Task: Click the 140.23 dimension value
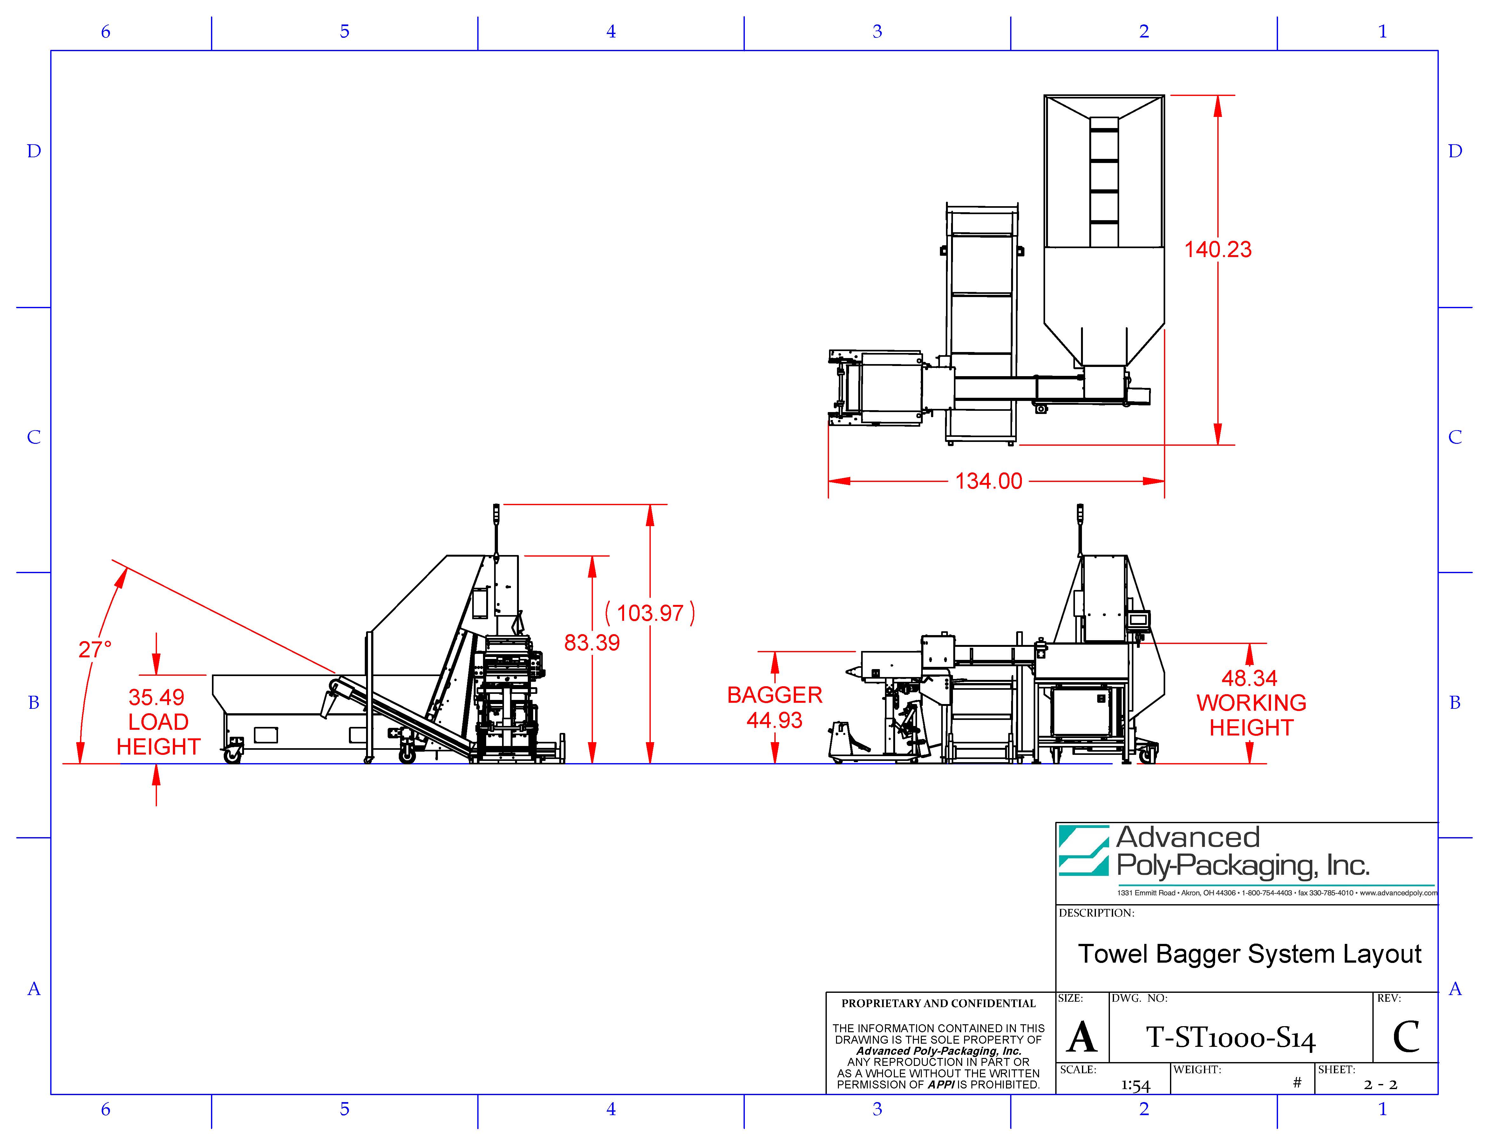coord(1218,249)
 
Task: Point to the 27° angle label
coord(95,649)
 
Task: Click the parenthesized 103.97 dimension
coord(650,613)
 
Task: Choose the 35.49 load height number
coord(156,697)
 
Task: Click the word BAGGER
coord(775,695)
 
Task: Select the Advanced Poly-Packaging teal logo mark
coord(1084,850)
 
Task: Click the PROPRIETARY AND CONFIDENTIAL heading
coord(938,1003)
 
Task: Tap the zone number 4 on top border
coord(611,31)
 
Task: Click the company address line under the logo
coord(1277,893)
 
